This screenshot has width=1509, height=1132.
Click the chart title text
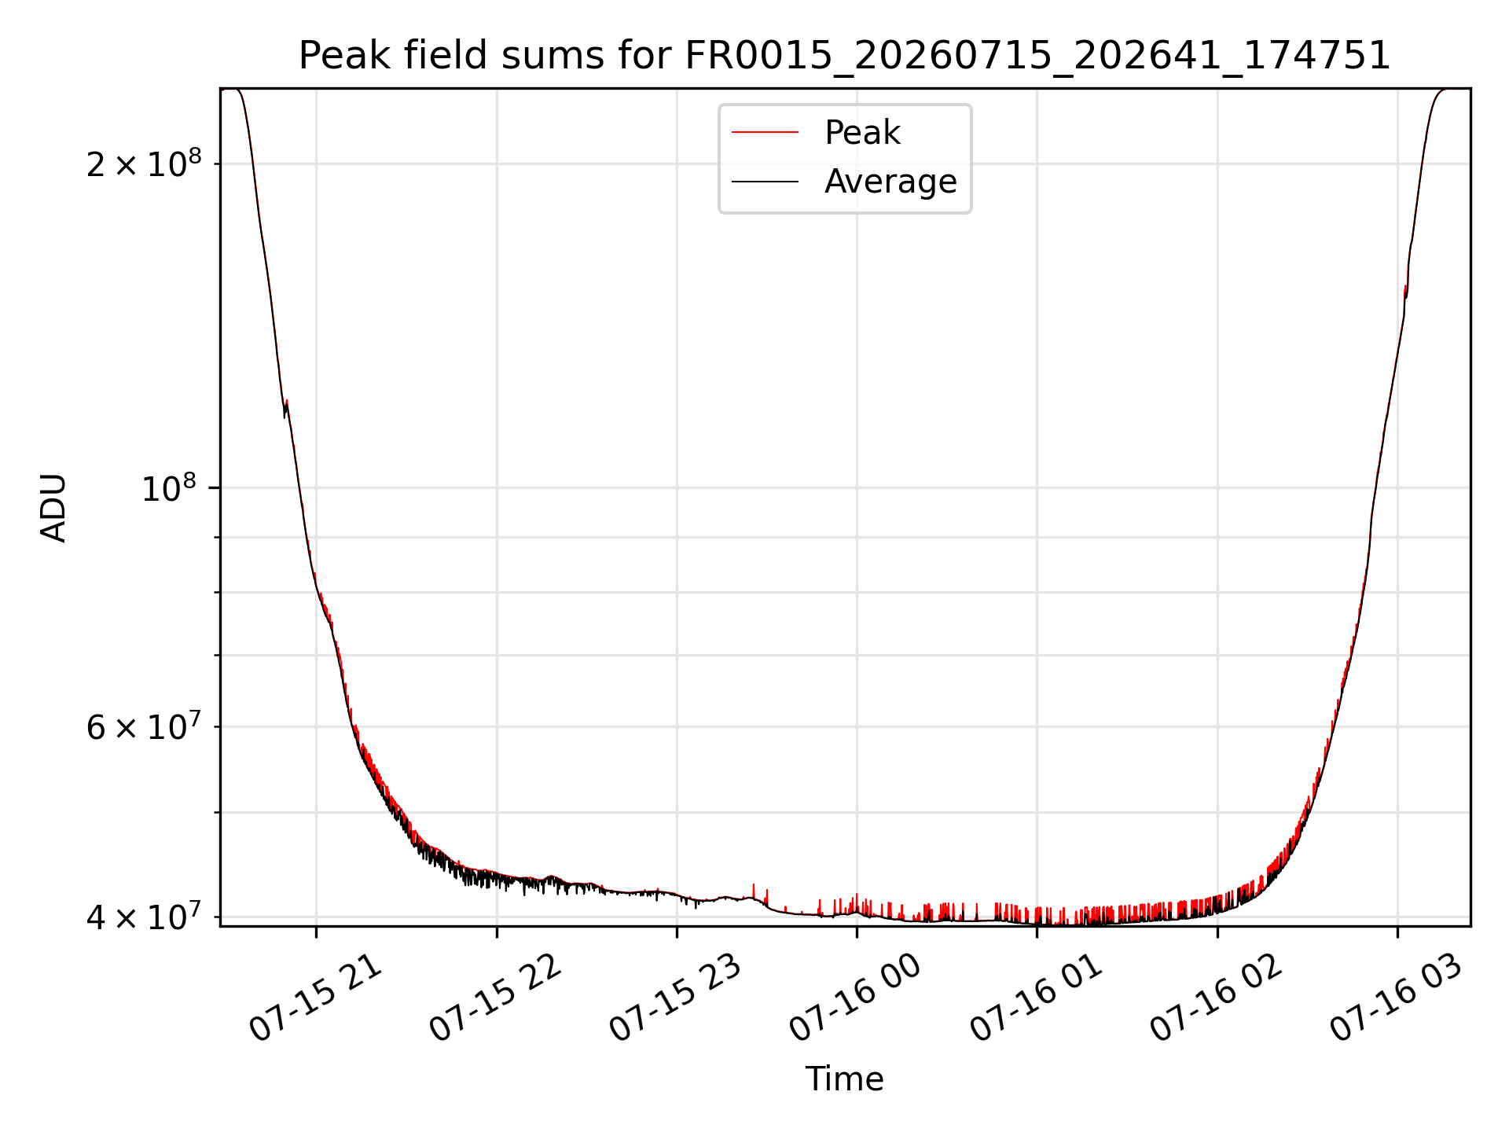pos(845,56)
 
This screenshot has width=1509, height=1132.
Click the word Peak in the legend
pos(862,133)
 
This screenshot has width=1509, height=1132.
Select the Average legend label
pos(890,182)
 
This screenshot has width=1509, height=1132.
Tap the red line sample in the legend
pos(765,133)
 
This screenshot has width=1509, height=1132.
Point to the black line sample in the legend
pos(765,182)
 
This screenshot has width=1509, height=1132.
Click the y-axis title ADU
pos(53,508)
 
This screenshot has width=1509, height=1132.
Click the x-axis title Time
pos(845,1079)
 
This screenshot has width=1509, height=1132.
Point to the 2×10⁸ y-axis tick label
pos(144,163)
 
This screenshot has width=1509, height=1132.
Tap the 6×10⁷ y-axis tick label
pos(144,726)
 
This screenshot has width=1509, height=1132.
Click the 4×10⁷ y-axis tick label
pos(144,916)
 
